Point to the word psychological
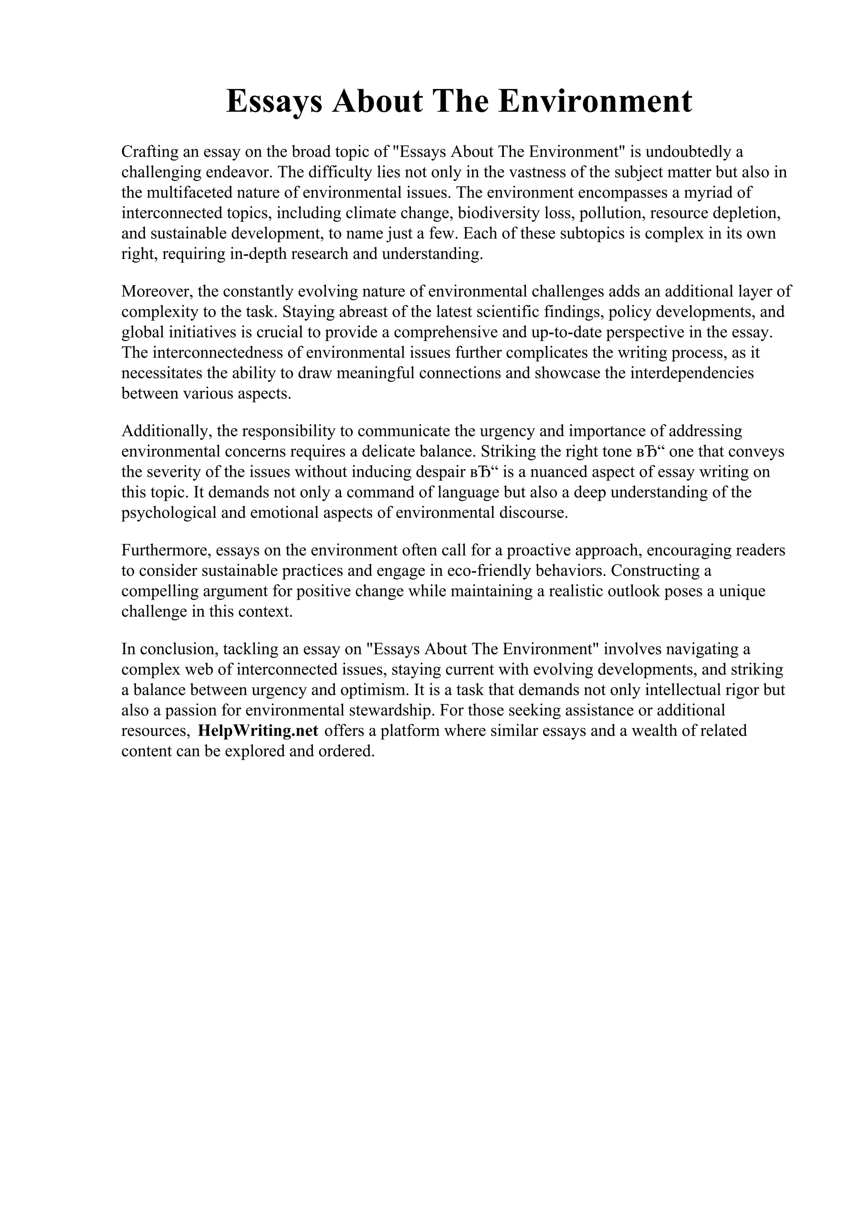click(x=169, y=513)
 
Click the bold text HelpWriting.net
click(x=258, y=731)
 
